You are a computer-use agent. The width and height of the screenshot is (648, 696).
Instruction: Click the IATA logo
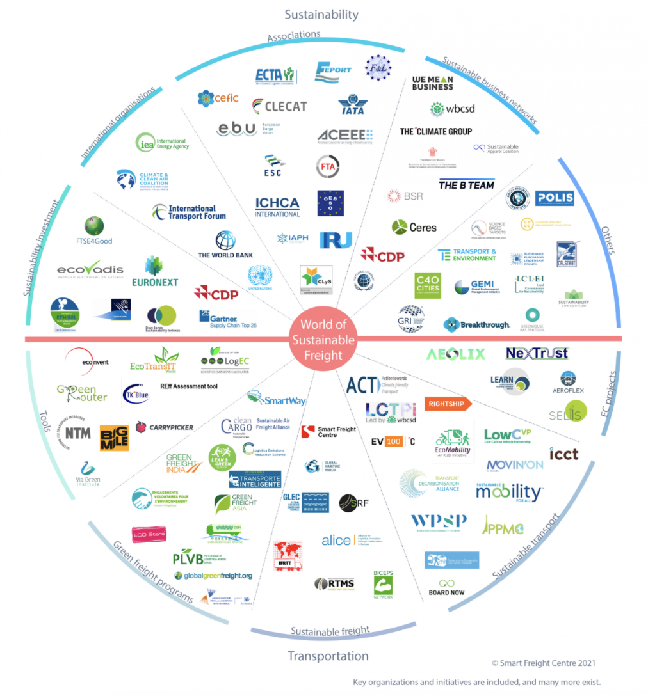pos(351,104)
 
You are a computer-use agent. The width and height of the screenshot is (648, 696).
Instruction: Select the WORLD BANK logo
pos(225,245)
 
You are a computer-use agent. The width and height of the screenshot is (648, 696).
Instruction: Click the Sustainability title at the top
pos(321,14)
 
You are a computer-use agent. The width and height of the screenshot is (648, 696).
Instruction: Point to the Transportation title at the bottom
pos(328,656)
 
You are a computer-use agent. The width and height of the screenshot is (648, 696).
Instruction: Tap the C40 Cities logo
pos(427,284)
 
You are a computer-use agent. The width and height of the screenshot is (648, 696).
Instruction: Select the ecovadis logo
pos(90,271)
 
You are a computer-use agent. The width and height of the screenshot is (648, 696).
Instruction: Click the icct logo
pos(563,454)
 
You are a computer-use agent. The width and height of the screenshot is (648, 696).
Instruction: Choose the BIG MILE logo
pos(114,438)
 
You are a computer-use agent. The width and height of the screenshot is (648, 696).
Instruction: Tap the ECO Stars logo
pos(149,534)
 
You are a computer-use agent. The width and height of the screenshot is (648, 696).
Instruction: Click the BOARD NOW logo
pos(446,588)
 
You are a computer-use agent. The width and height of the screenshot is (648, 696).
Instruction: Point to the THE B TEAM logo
pos(466,186)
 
